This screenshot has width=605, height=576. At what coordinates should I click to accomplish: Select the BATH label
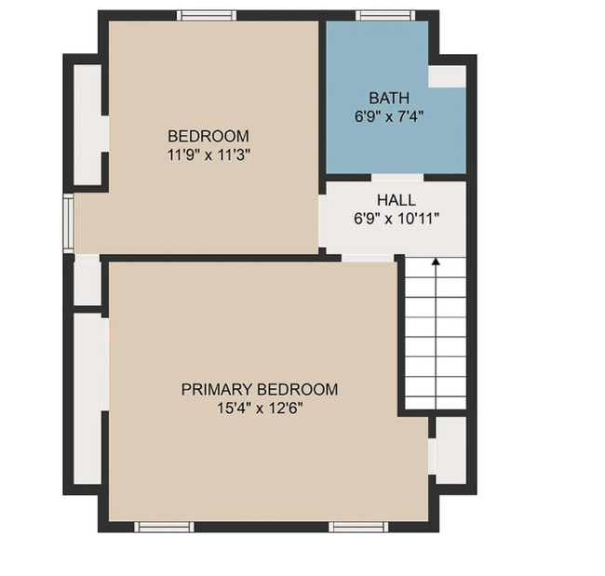coord(388,98)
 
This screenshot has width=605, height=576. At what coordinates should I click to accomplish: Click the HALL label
coord(396,200)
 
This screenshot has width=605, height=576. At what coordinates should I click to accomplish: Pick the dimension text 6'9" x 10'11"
coord(396,219)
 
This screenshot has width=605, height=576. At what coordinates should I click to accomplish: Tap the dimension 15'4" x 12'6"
coord(259,408)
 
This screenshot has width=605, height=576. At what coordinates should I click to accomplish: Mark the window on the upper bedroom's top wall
coord(207,15)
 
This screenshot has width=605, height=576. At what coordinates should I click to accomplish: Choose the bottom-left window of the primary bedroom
coord(164,527)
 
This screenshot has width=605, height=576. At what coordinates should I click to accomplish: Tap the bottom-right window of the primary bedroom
coord(357,527)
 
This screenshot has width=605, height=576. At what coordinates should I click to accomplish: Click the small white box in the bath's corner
coord(447,77)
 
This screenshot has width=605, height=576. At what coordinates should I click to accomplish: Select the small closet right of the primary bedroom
coord(450,450)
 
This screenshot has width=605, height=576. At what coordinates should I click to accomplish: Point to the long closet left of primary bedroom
coord(89,398)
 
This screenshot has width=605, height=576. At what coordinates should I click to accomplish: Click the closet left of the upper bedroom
coord(88,123)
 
